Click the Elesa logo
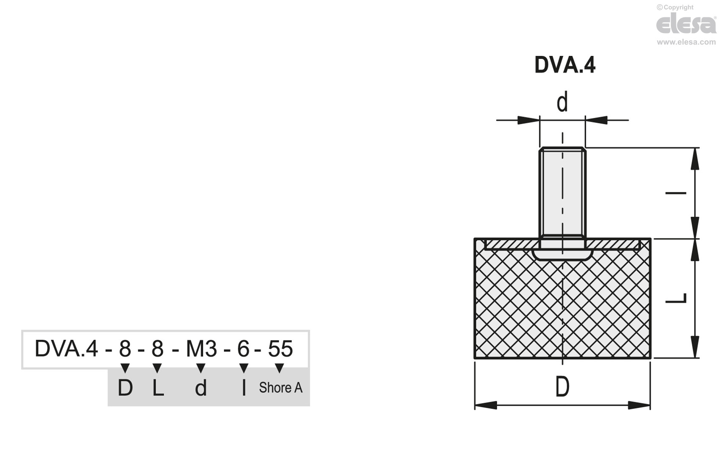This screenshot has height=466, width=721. [x=686, y=24]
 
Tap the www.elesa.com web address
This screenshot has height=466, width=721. [x=686, y=42]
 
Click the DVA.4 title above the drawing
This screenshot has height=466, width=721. [x=565, y=65]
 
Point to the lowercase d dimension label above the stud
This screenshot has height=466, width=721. [x=562, y=103]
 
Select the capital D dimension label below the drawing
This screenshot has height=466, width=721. [x=562, y=387]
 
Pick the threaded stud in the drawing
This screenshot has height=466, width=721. [x=562, y=193]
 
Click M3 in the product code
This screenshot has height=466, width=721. [x=201, y=349]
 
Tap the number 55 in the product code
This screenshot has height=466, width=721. [x=280, y=349]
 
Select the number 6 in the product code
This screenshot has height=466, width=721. [x=243, y=349]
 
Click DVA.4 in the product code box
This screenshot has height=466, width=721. [x=66, y=349]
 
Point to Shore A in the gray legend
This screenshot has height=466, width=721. [x=280, y=388]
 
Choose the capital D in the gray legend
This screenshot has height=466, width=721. [x=125, y=388]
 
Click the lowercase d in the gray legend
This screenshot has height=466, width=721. [x=201, y=388]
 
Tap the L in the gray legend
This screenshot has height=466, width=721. [x=158, y=388]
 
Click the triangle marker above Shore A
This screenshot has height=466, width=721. [x=279, y=368]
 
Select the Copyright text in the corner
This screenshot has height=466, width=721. [x=675, y=7]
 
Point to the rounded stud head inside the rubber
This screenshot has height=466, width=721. [x=562, y=254]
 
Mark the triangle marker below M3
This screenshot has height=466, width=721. [x=201, y=368]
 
